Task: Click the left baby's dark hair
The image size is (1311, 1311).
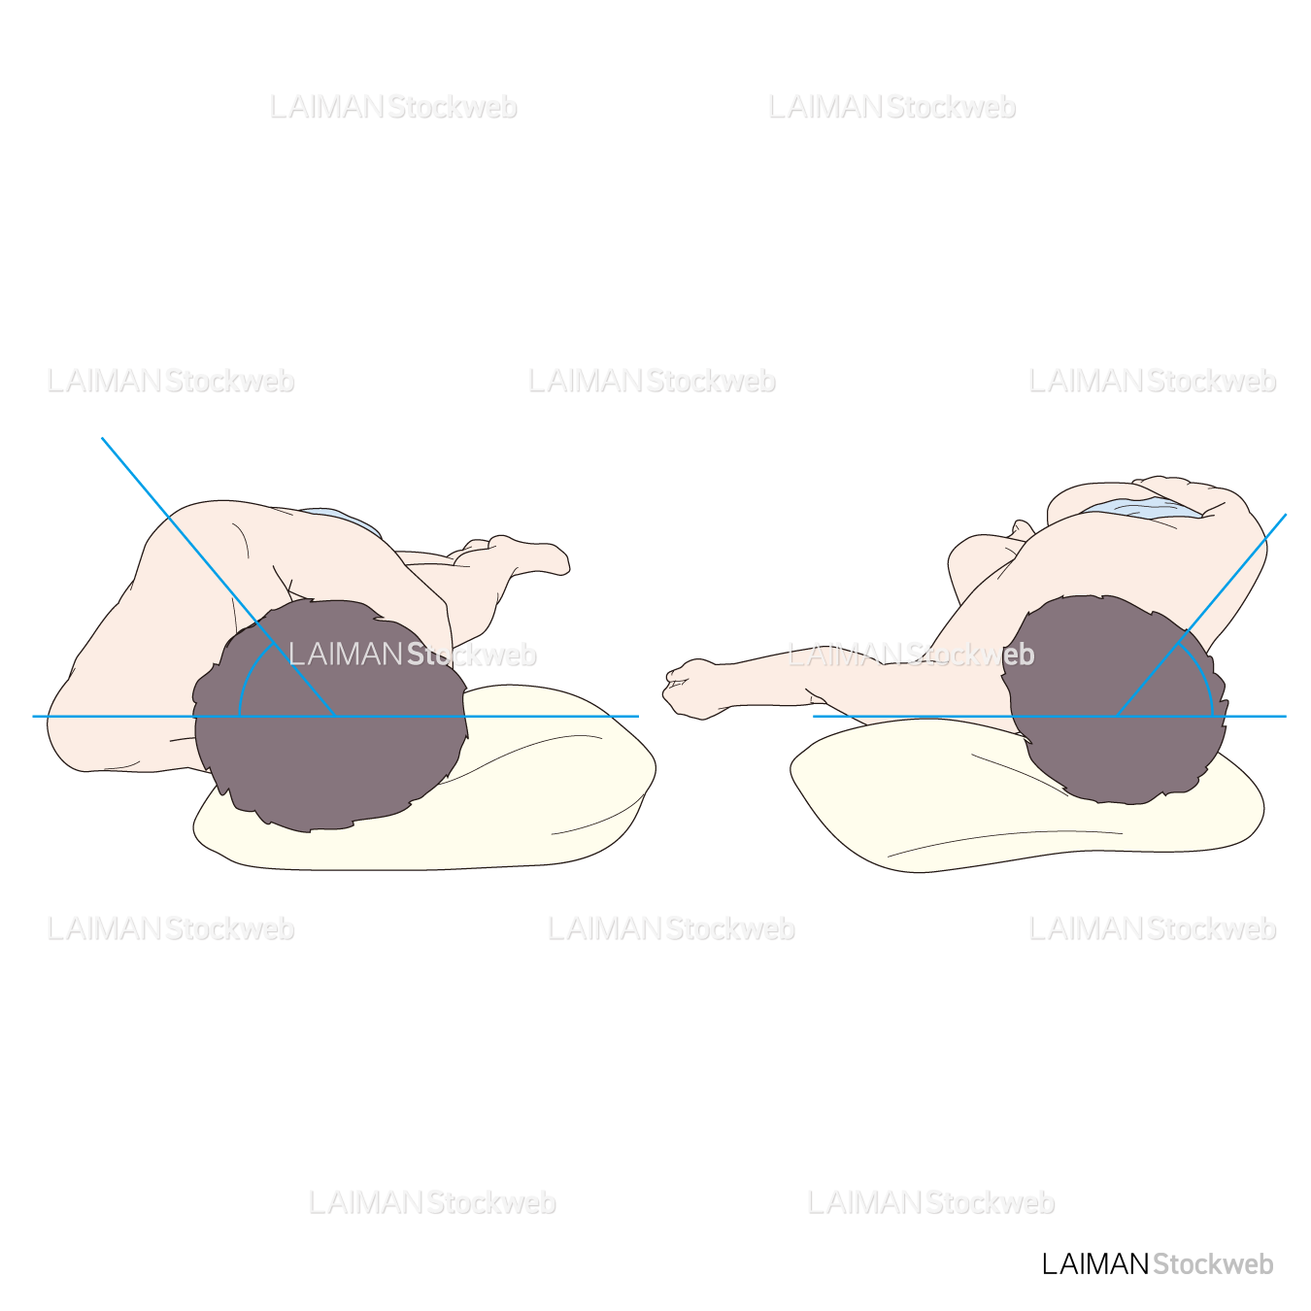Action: (330, 716)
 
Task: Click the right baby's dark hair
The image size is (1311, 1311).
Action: (1115, 700)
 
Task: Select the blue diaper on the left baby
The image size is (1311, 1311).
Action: (340, 520)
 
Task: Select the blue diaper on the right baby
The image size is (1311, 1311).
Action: (1143, 508)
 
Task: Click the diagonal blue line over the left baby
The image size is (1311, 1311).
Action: (218, 577)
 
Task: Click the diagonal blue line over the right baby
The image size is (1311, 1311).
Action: (1201, 615)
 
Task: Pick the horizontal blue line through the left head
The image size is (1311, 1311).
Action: (335, 717)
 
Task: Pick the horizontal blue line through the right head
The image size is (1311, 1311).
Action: (1050, 717)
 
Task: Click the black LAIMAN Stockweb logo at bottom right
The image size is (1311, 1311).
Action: (1158, 1264)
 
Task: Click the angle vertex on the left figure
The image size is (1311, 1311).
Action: (335, 717)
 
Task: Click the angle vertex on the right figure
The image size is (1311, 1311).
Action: (1117, 717)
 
